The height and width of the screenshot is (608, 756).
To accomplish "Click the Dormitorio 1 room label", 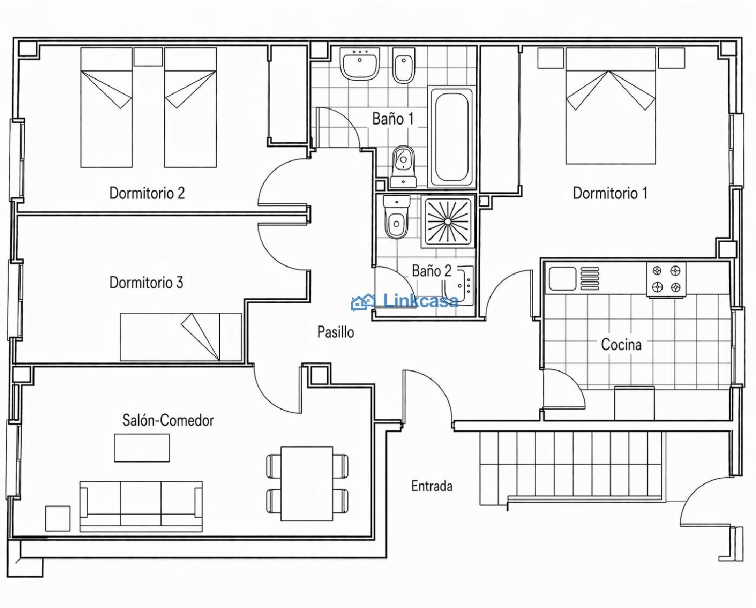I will [610, 193].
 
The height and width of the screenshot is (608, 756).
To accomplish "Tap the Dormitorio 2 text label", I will [147, 193].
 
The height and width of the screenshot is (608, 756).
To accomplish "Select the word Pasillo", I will [335, 332].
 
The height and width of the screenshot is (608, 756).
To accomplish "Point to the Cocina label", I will [621, 345].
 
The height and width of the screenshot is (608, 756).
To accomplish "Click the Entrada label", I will [431, 486].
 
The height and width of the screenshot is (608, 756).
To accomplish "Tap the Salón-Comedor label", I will [168, 420].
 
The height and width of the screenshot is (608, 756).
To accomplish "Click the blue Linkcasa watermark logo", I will [405, 302].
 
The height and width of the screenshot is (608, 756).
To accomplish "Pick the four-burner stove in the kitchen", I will [666, 279].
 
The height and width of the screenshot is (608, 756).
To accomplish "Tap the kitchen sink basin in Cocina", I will [562, 279].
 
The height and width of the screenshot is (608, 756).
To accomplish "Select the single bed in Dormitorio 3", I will [180, 337].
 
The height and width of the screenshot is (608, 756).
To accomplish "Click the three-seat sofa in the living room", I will [141, 506].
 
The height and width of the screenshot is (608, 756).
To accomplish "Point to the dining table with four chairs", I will [306, 483].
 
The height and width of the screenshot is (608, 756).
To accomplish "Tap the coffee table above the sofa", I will [142, 448].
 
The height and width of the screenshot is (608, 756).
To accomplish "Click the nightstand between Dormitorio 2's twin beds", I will [148, 57].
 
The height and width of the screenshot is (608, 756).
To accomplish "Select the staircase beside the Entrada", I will [570, 467].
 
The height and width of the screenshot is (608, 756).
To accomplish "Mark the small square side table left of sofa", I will [58, 518].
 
